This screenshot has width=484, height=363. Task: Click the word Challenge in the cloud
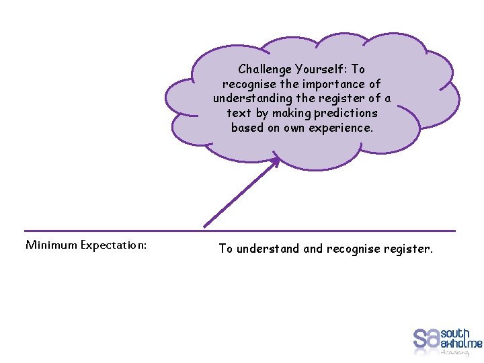[x=265, y=69]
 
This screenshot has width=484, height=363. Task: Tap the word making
[x=291, y=113]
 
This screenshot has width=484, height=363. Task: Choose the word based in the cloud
[x=247, y=128]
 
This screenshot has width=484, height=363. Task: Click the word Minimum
[x=51, y=245]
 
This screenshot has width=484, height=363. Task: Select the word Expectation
[x=113, y=245]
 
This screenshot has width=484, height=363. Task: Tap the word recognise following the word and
[x=353, y=249]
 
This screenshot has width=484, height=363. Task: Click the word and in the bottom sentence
[x=313, y=249]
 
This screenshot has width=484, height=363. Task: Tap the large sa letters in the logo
[x=426, y=339]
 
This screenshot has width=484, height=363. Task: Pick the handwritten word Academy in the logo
[x=456, y=352]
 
